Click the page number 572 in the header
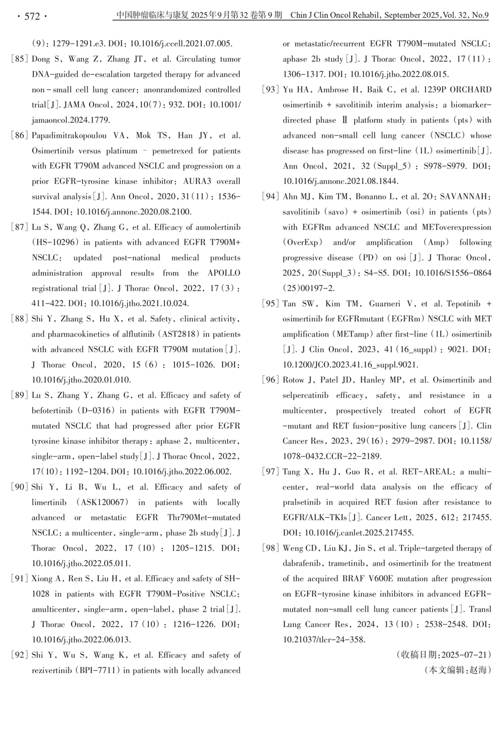(x=32, y=16)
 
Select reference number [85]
(x=19, y=59)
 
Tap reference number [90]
(x=19, y=487)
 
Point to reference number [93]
(x=270, y=90)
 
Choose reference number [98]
(x=270, y=548)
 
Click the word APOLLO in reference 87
(x=224, y=273)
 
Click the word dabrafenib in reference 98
(x=303, y=563)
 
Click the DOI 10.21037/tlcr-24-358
(x=323, y=640)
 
